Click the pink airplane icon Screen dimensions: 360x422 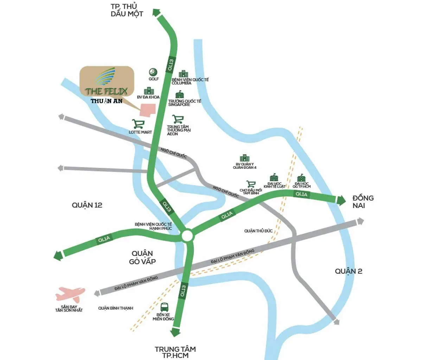(70, 293)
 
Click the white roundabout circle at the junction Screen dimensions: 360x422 (187, 236)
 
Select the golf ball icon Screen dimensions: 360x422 (153, 72)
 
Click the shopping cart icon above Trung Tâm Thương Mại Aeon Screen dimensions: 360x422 (178, 119)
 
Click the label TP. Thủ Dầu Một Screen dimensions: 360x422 (127, 10)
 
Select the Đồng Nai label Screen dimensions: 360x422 (363, 202)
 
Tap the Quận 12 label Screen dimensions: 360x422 (87, 205)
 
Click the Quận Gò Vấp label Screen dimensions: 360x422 (142, 258)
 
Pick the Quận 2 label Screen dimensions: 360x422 (349, 271)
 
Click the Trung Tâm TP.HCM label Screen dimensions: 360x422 (175, 352)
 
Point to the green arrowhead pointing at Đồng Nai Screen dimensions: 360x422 (341, 200)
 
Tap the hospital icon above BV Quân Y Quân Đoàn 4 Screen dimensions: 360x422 (244, 158)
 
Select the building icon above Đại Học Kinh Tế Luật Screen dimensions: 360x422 (274, 177)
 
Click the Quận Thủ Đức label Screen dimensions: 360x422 (258, 231)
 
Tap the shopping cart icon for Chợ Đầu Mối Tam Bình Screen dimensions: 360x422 (251, 184)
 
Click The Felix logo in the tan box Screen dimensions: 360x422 (106, 82)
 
